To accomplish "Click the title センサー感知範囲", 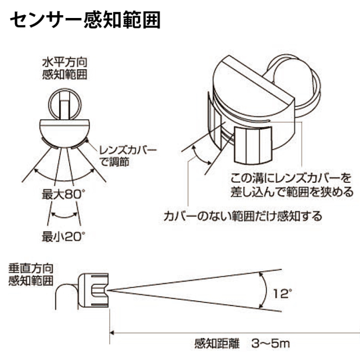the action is tap(85, 20).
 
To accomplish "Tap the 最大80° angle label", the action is tap(62, 195).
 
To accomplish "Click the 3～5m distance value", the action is tap(271, 344).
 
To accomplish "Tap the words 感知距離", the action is tap(217, 344).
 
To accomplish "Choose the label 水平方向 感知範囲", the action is tap(65, 69).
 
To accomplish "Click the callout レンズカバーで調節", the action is tap(128, 156).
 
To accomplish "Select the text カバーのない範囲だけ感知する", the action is tap(242, 216).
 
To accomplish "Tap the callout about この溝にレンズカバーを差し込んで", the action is tap(291, 185).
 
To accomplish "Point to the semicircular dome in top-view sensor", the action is tap(64, 134).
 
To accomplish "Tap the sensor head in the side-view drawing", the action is tap(93, 290).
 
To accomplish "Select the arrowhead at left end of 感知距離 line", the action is tap(112, 332).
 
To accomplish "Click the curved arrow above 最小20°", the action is tap(64, 215).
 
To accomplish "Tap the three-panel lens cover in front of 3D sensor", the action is tap(253, 145).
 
